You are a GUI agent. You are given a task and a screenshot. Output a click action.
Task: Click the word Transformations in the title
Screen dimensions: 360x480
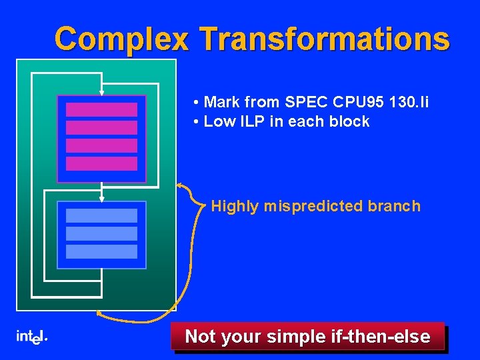325,39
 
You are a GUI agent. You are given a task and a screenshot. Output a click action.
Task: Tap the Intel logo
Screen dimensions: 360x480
31,337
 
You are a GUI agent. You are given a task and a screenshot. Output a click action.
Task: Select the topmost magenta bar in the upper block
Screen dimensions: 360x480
101,109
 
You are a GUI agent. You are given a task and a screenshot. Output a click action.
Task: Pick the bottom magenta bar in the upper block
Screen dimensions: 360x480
101,163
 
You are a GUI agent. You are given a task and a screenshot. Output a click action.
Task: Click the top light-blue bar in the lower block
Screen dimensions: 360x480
101,215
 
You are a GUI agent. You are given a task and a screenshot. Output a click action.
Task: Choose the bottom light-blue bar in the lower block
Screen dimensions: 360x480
101,251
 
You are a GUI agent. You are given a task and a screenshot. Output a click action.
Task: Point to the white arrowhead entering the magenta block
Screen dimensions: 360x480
101,93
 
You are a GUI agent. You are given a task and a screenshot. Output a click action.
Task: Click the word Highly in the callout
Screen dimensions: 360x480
235,206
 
